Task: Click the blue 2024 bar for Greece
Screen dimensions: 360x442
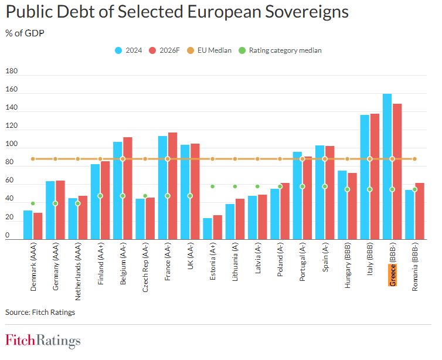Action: click(387, 167)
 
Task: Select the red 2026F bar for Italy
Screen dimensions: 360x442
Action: click(375, 176)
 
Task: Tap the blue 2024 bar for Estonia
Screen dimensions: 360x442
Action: click(208, 229)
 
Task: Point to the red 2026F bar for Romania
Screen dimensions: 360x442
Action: click(420, 211)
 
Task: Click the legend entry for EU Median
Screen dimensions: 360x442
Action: click(215, 50)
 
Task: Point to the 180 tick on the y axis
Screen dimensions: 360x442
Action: click(12, 72)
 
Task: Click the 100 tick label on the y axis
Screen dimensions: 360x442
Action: click(12, 145)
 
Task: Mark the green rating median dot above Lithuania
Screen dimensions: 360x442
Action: click(235, 186)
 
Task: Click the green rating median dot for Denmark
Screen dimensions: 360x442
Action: click(33, 203)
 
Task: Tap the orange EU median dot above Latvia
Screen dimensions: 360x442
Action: click(257, 159)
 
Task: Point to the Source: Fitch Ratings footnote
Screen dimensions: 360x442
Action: click(40, 312)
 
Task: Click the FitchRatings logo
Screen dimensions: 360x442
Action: click(43, 341)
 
